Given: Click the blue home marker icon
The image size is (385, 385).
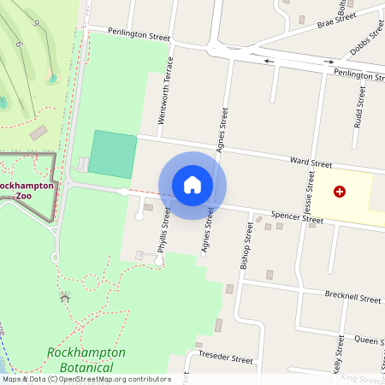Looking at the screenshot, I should click(x=192, y=185).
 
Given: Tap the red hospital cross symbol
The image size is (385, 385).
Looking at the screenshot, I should click(x=340, y=192).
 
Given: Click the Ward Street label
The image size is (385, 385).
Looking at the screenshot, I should click(x=310, y=161).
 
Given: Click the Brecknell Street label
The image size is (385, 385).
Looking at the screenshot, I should click(x=353, y=299).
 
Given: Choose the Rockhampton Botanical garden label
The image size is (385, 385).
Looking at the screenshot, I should click(x=86, y=359).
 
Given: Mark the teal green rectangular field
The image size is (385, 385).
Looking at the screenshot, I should click(x=114, y=154).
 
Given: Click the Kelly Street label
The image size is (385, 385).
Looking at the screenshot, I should click(x=337, y=357).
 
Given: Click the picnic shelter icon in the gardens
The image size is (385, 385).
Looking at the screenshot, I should click(x=65, y=297).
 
